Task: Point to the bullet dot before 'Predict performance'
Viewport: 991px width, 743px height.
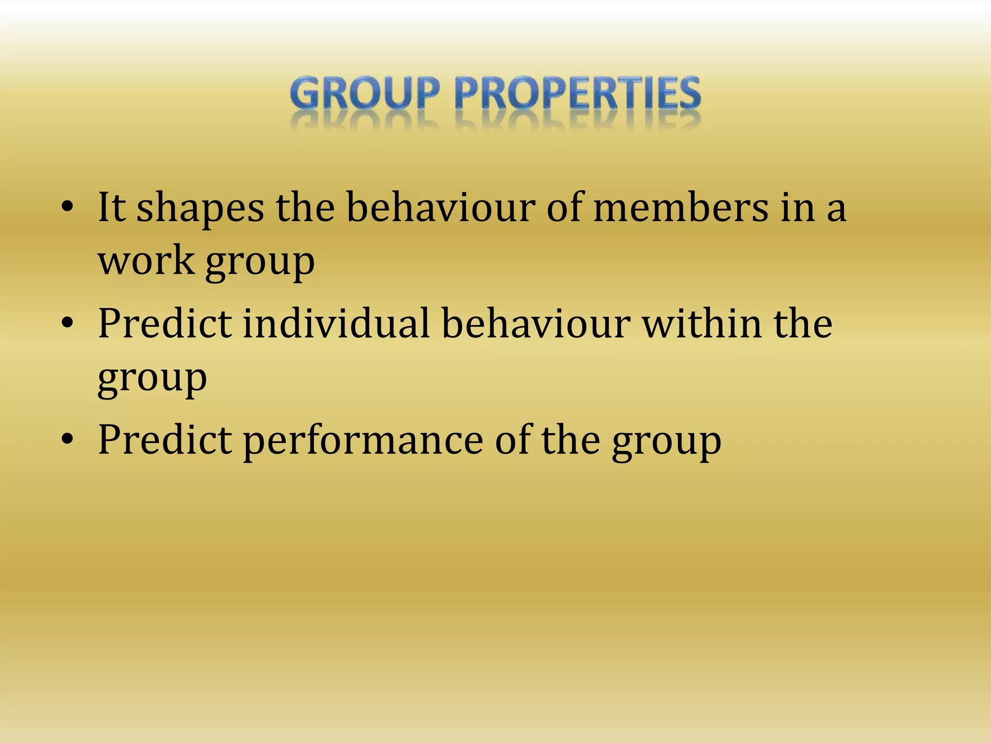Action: (67, 439)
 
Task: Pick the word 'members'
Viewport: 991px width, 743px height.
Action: (680, 208)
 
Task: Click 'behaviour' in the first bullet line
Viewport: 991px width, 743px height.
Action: (441, 208)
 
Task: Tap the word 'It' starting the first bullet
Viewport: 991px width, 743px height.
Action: (112, 208)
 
